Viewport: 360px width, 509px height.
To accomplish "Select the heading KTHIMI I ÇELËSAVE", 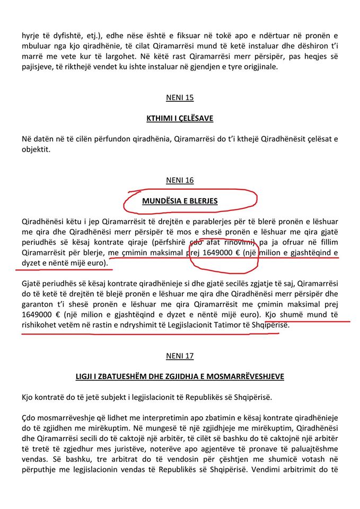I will click(180, 118).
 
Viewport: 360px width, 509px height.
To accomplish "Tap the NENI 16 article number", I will click(180, 180).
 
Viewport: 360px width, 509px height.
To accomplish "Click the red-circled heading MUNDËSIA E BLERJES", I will click(180, 201).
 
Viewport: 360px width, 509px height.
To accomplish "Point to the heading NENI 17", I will click(180, 356).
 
